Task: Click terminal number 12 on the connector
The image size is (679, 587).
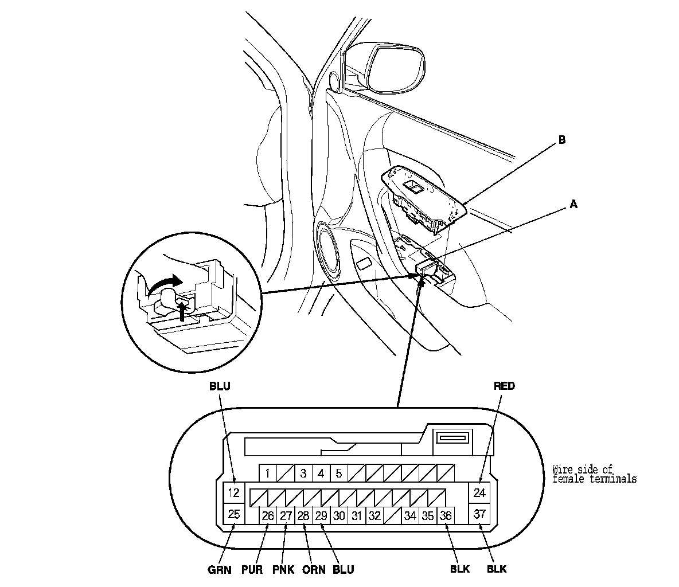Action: pyautogui.click(x=233, y=492)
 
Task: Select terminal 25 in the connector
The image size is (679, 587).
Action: pyautogui.click(x=233, y=514)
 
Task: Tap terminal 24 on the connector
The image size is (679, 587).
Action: pyautogui.click(x=480, y=492)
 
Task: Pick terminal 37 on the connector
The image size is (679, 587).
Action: pyautogui.click(x=480, y=514)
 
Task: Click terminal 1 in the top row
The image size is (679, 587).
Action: pyautogui.click(x=267, y=473)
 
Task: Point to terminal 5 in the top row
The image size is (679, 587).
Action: pyautogui.click(x=339, y=473)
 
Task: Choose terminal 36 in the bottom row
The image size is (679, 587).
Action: pyautogui.click(x=446, y=515)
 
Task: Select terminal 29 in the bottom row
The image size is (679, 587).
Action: pyautogui.click(x=321, y=515)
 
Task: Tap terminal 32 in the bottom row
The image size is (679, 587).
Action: pyautogui.click(x=374, y=515)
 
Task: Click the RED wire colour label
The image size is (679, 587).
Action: pyautogui.click(x=504, y=386)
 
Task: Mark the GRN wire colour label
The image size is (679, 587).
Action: pyautogui.click(x=218, y=570)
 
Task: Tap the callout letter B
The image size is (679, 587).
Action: pyautogui.click(x=561, y=139)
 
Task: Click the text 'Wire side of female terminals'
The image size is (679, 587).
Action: pyautogui.click(x=594, y=473)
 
